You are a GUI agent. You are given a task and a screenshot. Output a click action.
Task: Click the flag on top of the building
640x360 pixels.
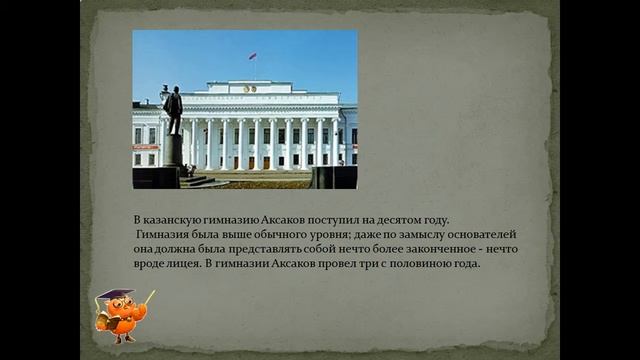tap(252, 56)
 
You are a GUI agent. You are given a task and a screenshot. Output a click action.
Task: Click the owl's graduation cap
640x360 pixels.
tap(112, 295)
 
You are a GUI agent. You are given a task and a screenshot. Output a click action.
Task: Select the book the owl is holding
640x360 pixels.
tap(102, 321)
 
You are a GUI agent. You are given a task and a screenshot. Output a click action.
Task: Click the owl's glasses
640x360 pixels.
tap(120, 307)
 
